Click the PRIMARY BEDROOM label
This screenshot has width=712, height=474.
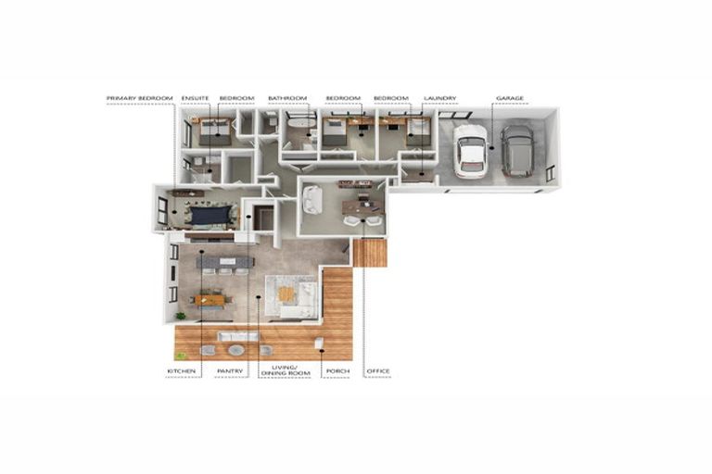coord(139,97)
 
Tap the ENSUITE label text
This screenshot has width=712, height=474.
coord(195,97)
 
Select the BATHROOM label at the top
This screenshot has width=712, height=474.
coord(286,97)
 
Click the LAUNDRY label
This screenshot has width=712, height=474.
coord(439,97)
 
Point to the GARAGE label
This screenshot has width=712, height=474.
coord(510,97)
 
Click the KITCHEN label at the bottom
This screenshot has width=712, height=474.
coord(181,371)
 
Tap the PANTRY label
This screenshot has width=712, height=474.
coord(229,371)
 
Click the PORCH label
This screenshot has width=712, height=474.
coord(335,371)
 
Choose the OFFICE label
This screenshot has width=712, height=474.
coord(378,371)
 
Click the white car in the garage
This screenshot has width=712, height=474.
coord(471,150)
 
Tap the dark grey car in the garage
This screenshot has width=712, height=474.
coord(516,150)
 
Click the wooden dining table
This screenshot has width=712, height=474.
coord(210,298)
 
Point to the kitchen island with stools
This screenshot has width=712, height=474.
coord(224,263)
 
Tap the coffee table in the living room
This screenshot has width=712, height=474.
coord(286,293)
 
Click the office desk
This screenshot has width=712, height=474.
coord(361,206)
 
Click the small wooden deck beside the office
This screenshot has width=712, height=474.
coord(371,252)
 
